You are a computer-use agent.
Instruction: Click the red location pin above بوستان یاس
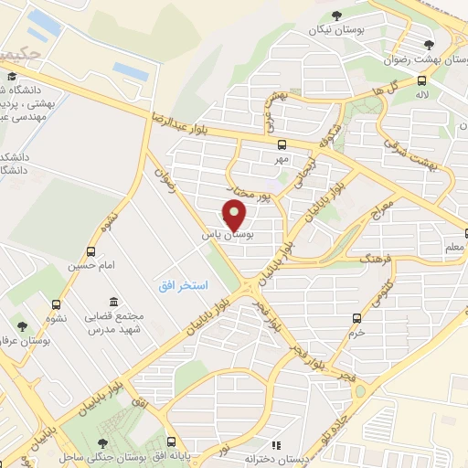tap(236, 216)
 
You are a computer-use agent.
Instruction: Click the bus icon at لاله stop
tap(422, 78)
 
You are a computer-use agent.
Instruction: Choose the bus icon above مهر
tap(282, 144)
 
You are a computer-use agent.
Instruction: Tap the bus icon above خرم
tap(357, 318)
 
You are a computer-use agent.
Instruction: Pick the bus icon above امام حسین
tap(90, 251)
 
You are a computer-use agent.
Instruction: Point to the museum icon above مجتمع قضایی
tap(113, 302)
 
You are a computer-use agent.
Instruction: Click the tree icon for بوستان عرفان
tap(21, 325)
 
